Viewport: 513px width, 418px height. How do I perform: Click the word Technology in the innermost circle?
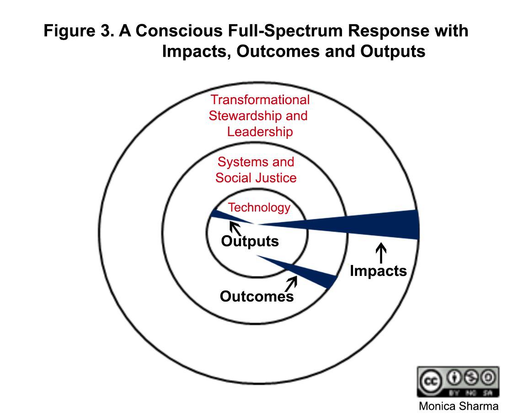[259, 207]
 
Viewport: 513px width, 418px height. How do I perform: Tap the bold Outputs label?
[250, 241]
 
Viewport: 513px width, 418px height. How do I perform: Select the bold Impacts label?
[378, 270]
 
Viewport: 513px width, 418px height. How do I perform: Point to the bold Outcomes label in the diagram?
[257, 296]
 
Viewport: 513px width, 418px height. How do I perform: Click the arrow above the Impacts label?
[381, 253]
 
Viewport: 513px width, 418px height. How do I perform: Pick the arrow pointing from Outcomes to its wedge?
[291, 284]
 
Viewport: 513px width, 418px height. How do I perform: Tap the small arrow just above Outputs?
[235, 228]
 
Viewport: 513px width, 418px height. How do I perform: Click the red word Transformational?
[260, 100]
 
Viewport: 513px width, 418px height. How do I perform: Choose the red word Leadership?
[260, 132]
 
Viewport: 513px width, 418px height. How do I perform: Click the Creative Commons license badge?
[458, 381]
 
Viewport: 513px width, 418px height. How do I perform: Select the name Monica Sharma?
[459, 406]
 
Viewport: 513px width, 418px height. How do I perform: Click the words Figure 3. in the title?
[79, 31]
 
